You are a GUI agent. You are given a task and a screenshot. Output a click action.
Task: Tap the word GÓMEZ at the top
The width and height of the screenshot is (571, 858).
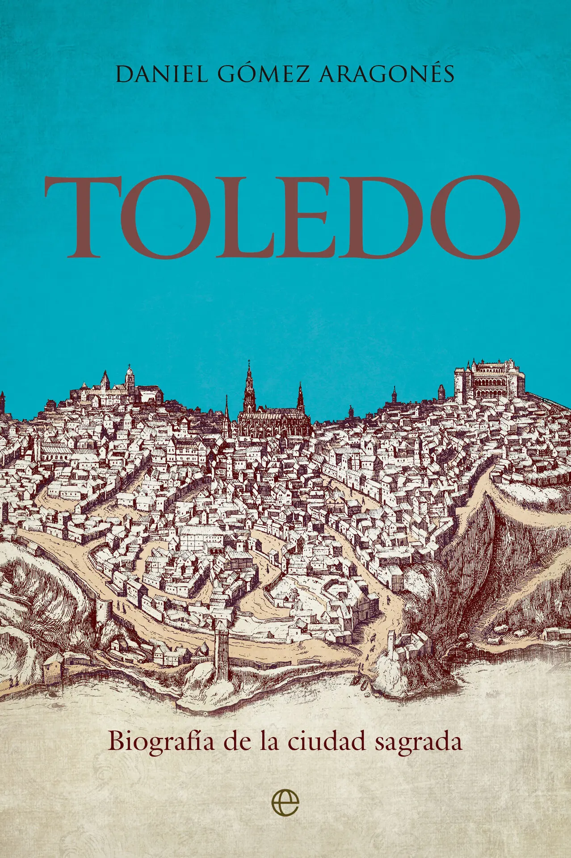coord(264,74)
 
